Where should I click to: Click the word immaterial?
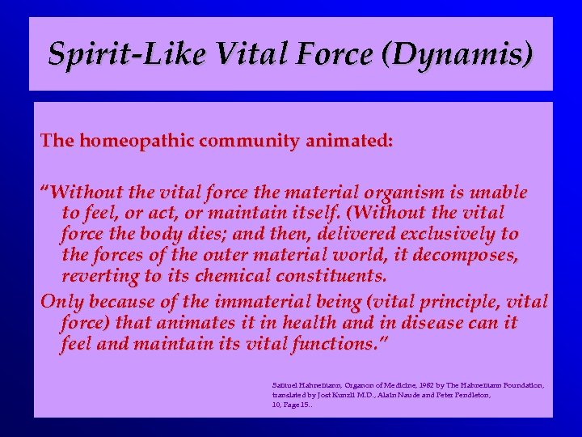pyautogui.click(x=254, y=303)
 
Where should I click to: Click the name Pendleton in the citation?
pyautogui.click(x=470, y=395)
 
